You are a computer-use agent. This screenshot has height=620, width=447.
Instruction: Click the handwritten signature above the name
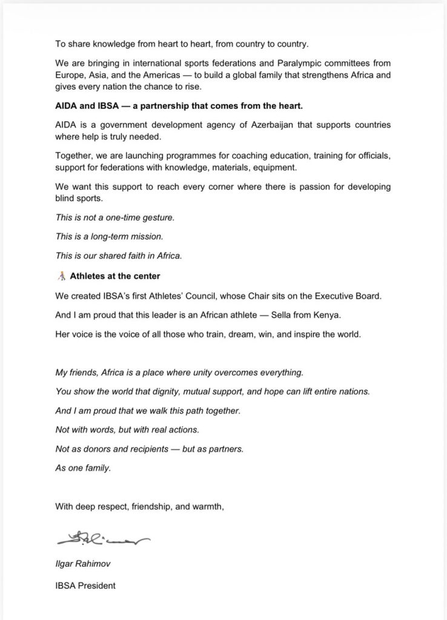(102, 538)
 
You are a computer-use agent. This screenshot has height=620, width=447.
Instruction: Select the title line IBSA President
(85, 585)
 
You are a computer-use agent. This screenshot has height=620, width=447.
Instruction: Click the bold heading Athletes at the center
(115, 276)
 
